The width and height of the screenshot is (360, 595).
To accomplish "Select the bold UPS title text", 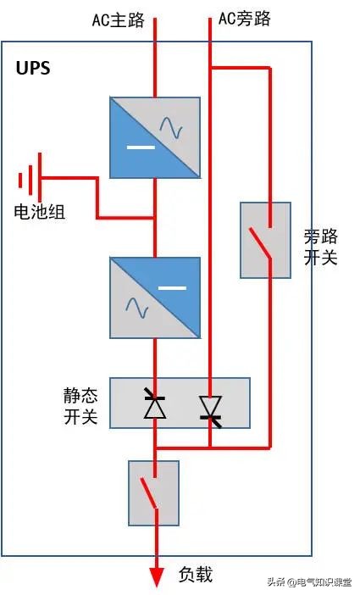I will click(34, 69).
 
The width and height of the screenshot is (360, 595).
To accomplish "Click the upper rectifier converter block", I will click(155, 137).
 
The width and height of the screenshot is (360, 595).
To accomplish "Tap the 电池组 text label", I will click(40, 212).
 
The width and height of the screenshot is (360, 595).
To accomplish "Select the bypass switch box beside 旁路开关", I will click(265, 240).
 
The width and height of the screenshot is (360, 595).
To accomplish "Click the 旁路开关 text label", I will click(321, 247).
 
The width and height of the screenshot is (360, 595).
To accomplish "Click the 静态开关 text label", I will click(80, 405).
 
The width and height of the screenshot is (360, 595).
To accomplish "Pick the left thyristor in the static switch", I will click(154, 405).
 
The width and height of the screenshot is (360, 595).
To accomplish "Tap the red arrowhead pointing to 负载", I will click(156, 576).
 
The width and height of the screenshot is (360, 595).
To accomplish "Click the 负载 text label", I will click(196, 575).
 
